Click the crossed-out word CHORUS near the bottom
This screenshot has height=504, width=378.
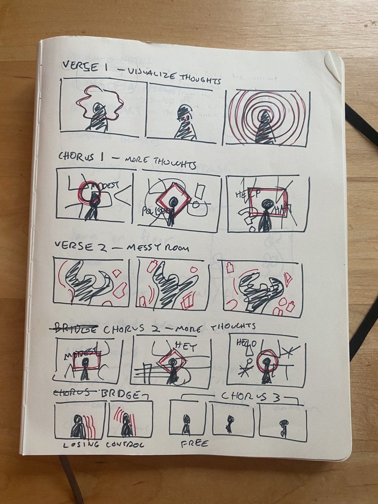72,394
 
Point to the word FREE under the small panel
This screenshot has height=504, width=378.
194,444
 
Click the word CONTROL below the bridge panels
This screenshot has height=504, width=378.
124,445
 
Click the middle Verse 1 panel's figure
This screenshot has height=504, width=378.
183,120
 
